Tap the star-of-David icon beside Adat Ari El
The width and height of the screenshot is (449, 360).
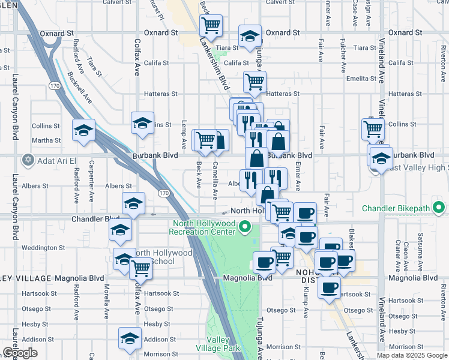coord(28,160)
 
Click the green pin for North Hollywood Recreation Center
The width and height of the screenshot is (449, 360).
coord(244,227)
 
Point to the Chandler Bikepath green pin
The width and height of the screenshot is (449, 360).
coord(439,209)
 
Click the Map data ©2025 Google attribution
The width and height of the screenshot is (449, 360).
coord(412,355)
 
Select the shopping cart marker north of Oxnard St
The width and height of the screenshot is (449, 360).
coord(211,25)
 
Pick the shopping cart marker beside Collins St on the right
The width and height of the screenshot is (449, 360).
coord(373,128)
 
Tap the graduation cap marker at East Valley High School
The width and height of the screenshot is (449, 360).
coord(381,157)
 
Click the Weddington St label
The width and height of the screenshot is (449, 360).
coord(43,247)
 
